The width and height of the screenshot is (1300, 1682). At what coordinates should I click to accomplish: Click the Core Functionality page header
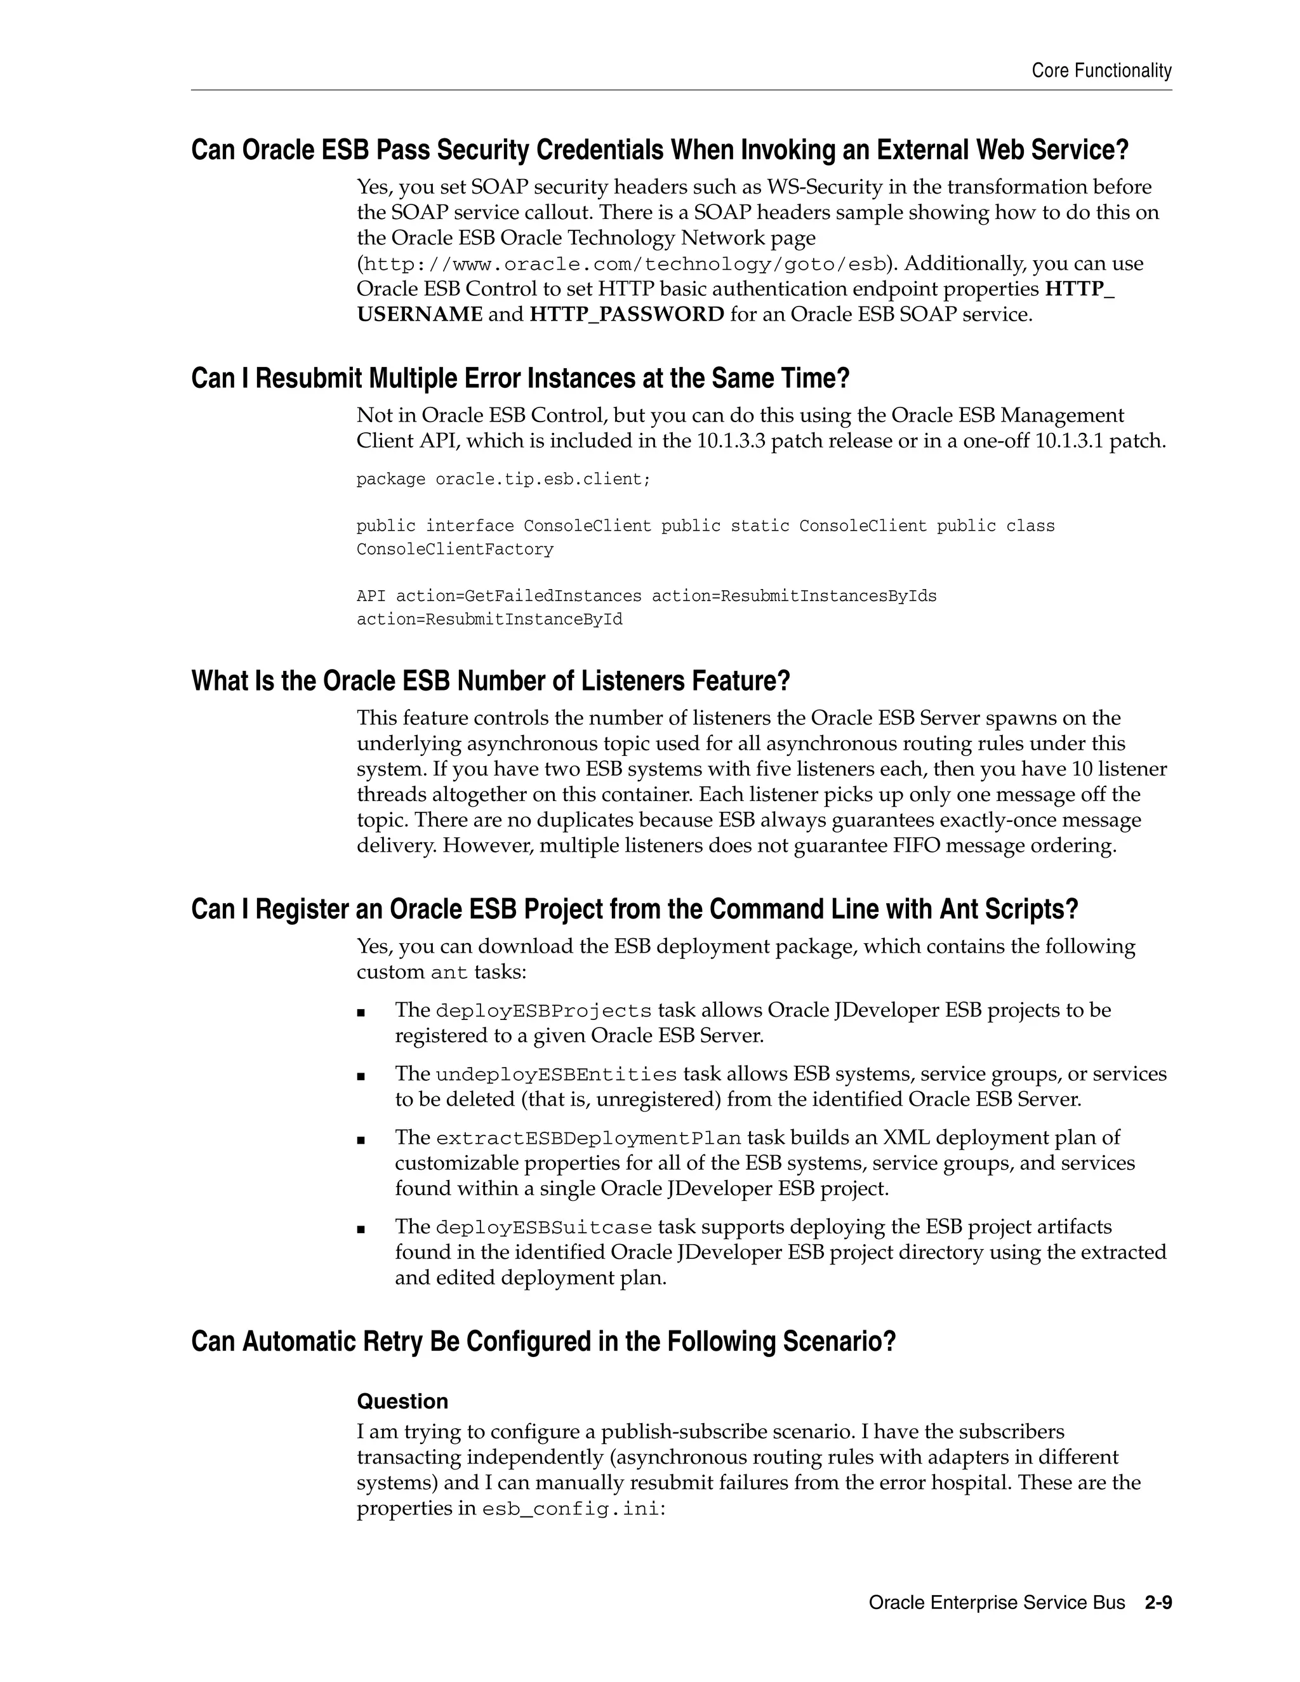click(x=1101, y=71)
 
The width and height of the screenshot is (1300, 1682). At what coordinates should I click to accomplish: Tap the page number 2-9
click(x=1158, y=1603)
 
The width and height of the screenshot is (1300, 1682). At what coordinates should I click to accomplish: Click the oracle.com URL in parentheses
click(x=623, y=264)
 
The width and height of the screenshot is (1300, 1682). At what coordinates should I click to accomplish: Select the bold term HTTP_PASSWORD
click(x=626, y=314)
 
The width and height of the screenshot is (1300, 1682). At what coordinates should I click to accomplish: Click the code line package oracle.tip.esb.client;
click(x=503, y=479)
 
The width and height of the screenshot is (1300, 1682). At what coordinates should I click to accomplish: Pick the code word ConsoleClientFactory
click(x=454, y=549)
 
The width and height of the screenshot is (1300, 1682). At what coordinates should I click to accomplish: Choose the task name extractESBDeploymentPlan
click(x=588, y=1138)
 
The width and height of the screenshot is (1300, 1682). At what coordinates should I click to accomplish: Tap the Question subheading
click(x=402, y=1401)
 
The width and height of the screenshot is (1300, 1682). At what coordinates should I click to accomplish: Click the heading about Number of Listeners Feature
click(x=491, y=681)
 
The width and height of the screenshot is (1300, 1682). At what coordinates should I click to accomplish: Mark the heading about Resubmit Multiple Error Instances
click(x=520, y=378)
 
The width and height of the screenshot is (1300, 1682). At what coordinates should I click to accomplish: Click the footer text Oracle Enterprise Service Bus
click(x=997, y=1603)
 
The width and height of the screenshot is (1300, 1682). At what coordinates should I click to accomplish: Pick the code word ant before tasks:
click(x=449, y=972)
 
